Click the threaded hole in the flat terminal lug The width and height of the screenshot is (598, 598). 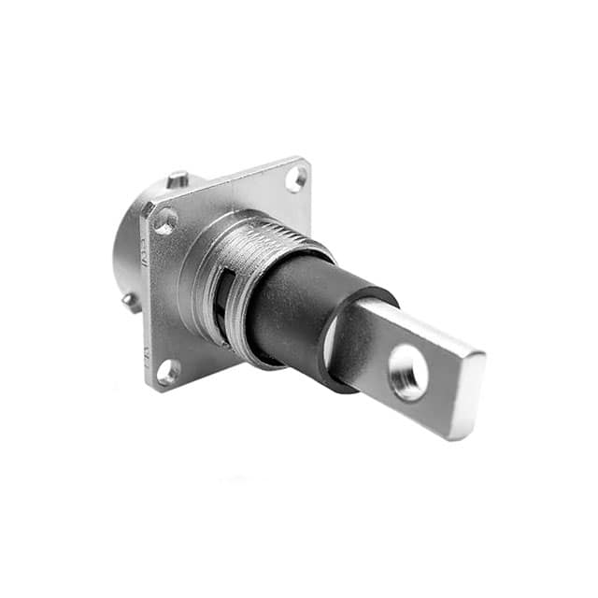coord(408,372)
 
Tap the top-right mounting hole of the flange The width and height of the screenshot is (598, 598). coord(296,178)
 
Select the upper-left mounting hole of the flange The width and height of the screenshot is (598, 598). coord(165,221)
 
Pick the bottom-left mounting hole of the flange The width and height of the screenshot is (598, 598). coord(168,372)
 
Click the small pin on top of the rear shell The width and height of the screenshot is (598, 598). coord(178,178)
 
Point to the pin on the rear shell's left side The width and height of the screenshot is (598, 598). coord(129,301)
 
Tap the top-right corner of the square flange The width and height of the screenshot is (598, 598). coord(304,162)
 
